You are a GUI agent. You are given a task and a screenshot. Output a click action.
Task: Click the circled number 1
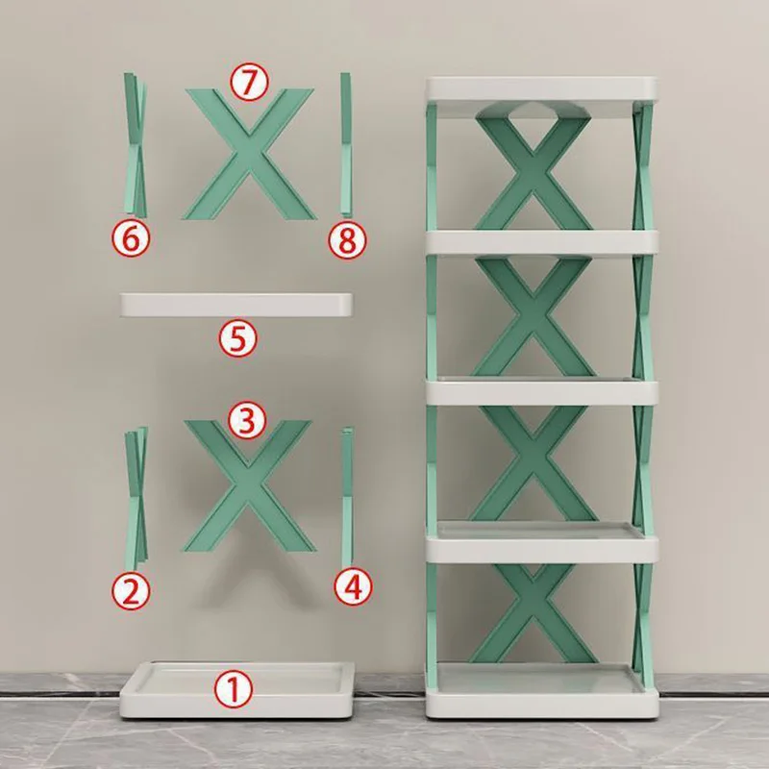[234, 689]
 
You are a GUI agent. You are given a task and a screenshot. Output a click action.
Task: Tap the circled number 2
[131, 591]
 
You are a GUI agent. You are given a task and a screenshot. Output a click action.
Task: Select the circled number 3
[247, 420]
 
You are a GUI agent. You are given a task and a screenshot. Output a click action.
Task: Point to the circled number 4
[353, 586]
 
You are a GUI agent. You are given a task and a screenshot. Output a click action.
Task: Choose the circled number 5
[237, 338]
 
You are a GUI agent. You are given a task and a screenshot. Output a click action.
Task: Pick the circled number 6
[131, 238]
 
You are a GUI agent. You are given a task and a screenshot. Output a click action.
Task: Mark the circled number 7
[249, 83]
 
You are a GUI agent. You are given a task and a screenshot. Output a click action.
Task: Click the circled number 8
[347, 240]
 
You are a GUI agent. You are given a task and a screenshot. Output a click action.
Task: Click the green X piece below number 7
[249, 154]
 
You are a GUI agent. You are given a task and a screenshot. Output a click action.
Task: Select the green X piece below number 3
[248, 485]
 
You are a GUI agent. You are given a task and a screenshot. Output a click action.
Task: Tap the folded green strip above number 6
[136, 145]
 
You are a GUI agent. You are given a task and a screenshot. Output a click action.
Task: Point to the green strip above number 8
[346, 144]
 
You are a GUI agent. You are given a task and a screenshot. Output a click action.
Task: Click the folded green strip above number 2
[136, 494]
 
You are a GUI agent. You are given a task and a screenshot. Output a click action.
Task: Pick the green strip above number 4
[348, 494]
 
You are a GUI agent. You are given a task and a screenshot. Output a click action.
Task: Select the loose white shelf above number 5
[236, 305]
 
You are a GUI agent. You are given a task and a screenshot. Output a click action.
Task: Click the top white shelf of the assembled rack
[541, 88]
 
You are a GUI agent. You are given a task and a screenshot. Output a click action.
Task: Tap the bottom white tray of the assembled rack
[541, 691]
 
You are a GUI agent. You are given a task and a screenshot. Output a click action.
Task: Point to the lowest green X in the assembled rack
[533, 614]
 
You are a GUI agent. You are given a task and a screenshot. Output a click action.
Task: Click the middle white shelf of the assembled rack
[541, 391]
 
